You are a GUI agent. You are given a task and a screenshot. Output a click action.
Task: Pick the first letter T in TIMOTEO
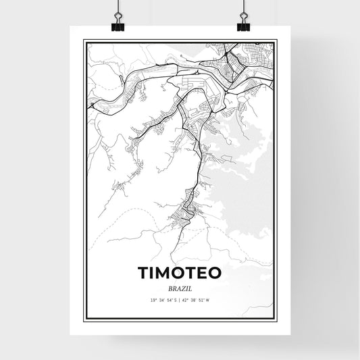pos(144,272)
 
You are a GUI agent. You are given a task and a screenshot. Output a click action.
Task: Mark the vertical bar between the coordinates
pos(180,300)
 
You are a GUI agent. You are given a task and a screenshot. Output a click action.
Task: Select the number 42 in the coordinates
pos(187,300)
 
